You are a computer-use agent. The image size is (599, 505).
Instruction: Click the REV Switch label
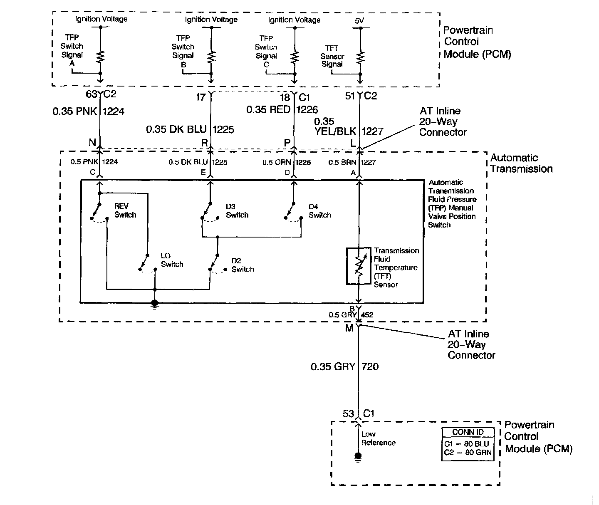tap(125, 210)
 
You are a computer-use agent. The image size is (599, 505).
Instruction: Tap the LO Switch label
tap(172, 260)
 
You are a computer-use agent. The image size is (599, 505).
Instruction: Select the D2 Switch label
tap(243, 265)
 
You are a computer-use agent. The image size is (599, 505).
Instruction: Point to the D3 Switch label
tap(237, 210)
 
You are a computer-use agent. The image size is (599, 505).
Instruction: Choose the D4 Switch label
tap(320, 210)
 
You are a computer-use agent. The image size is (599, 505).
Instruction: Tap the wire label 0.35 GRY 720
tap(344, 366)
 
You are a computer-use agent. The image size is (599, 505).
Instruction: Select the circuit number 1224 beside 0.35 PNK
tap(113, 111)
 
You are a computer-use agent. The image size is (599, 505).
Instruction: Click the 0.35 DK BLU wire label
tap(176, 129)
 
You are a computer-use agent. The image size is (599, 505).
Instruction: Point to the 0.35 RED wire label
tap(268, 109)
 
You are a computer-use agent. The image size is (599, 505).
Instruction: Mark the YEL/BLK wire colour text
tap(336, 131)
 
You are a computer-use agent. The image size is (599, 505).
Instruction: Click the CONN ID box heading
tap(468, 432)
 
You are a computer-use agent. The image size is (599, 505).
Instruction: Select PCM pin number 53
tap(348, 413)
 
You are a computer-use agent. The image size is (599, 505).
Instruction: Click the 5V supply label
tap(360, 20)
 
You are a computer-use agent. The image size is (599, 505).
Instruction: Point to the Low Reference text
tap(378, 438)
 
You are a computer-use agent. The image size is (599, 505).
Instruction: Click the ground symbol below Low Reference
tap(358, 457)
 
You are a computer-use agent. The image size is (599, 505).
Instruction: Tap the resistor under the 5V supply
tap(360, 56)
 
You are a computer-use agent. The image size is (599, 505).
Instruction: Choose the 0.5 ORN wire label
tap(273, 162)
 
